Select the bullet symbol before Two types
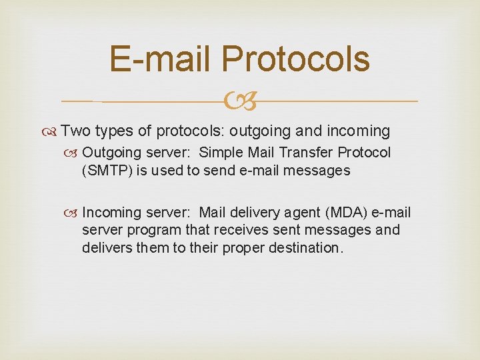point(53,131)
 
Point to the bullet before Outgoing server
point(75,153)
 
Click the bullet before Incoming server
point(75,213)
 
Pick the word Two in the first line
point(76,131)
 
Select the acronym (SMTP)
point(108,171)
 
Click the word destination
point(307,248)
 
